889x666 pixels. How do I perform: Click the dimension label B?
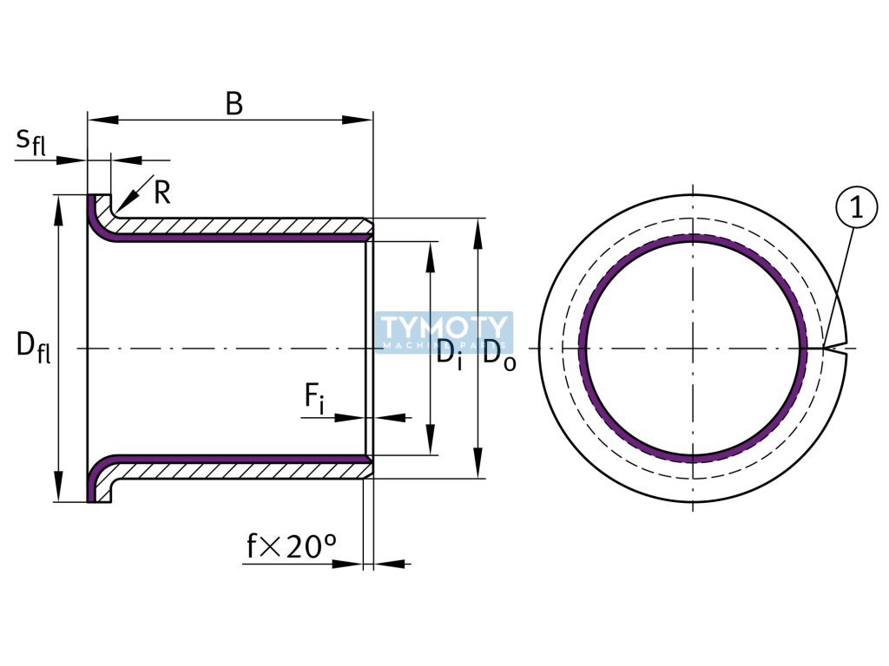(234, 103)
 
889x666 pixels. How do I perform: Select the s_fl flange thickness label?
(30, 140)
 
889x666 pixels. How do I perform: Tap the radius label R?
(161, 193)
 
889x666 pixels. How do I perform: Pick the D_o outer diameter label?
(499, 355)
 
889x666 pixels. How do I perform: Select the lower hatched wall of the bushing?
(243, 470)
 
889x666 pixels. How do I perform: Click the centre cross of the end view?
(693, 349)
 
